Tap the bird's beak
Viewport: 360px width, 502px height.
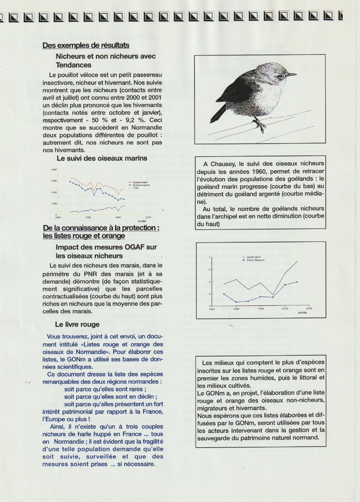(291, 75)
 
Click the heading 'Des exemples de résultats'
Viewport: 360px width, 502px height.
(86, 45)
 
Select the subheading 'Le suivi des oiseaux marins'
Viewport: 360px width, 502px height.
(102, 158)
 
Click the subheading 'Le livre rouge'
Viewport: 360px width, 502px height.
(77, 324)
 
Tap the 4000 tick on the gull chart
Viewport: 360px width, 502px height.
(54, 170)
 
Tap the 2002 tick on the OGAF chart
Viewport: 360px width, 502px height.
(309, 308)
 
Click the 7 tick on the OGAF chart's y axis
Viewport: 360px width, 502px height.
(209, 258)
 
